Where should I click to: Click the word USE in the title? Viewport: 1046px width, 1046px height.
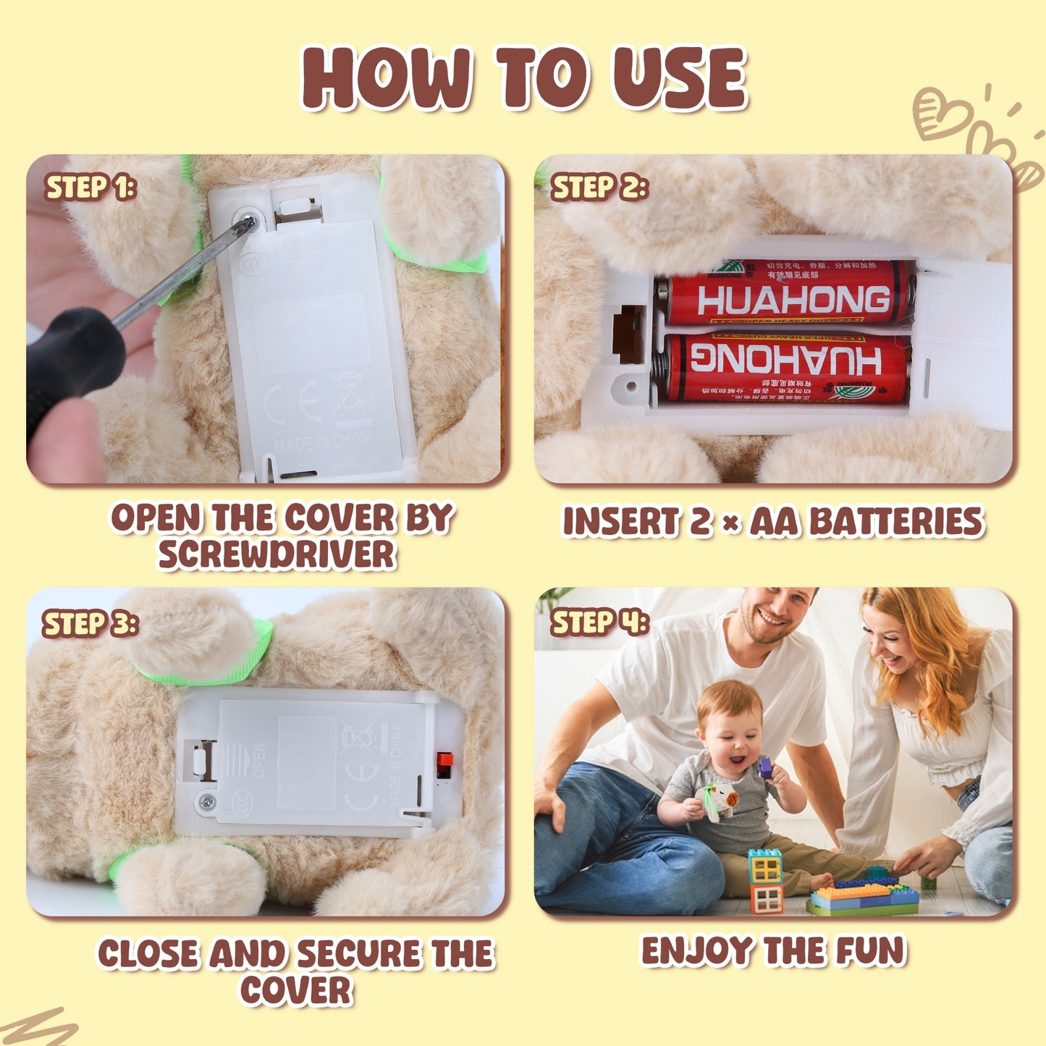pyautogui.click(x=679, y=78)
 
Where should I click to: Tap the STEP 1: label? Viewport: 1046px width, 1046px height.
pyautogui.click(x=90, y=187)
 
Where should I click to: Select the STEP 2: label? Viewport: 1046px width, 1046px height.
pyautogui.click(x=599, y=187)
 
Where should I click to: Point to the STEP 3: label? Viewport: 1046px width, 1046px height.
pyautogui.click(x=90, y=624)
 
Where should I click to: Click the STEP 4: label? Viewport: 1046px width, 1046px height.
pyautogui.click(x=599, y=623)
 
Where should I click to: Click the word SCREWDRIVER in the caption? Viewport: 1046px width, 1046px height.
pyautogui.click(x=277, y=555)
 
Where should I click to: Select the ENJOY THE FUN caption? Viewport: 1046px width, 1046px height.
pyautogui.click(x=773, y=951)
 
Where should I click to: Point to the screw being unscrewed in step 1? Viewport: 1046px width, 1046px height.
pyautogui.click(x=248, y=222)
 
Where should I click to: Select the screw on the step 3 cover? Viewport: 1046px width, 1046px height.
pyautogui.click(x=207, y=801)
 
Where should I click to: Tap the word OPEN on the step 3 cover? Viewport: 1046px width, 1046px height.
pyautogui.click(x=258, y=760)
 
